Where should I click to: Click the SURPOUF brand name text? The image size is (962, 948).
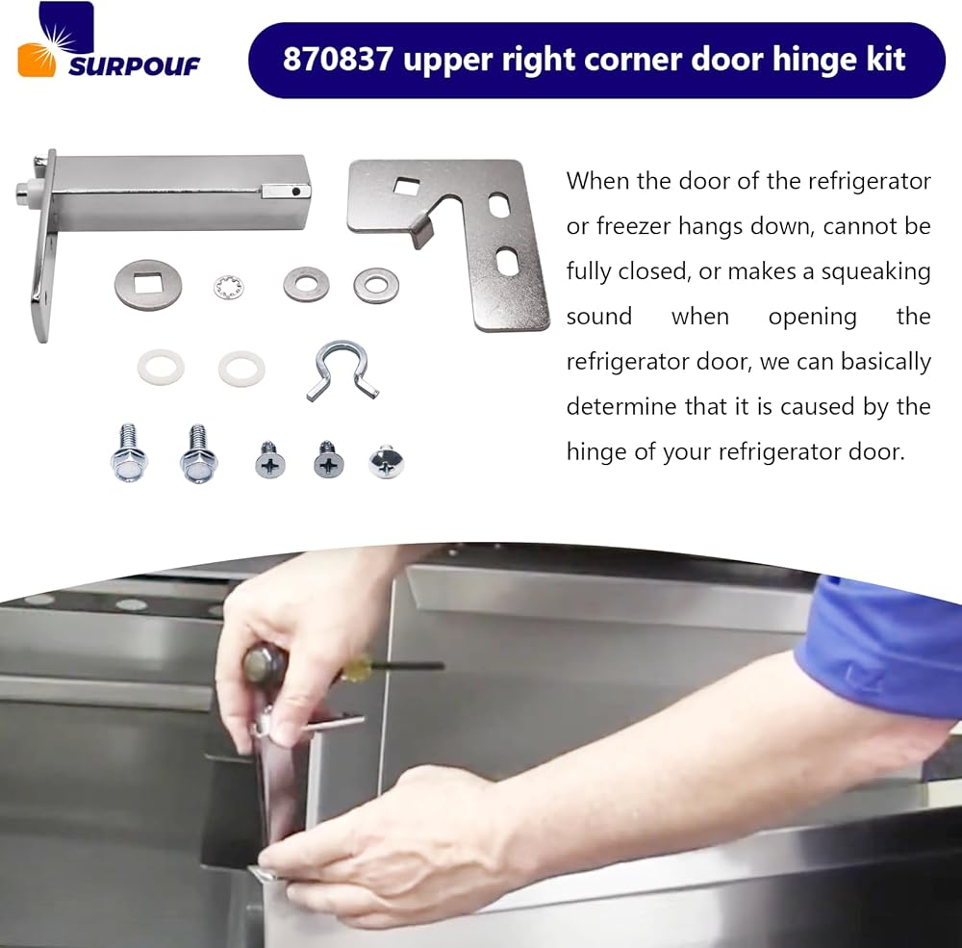(135, 66)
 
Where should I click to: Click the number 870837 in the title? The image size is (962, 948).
(338, 60)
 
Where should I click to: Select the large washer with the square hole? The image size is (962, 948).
(148, 285)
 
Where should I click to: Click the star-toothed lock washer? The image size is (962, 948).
(229, 288)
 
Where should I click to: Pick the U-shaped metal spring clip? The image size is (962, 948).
(342, 369)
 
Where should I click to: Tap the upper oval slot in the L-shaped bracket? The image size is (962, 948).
(498, 204)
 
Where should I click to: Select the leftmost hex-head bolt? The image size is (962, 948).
(129, 453)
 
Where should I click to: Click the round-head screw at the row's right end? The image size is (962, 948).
(386, 462)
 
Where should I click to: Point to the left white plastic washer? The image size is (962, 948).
(161, 367)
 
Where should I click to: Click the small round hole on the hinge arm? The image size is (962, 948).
(296, 192)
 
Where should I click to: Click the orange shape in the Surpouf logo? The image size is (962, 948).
(36, 61)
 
